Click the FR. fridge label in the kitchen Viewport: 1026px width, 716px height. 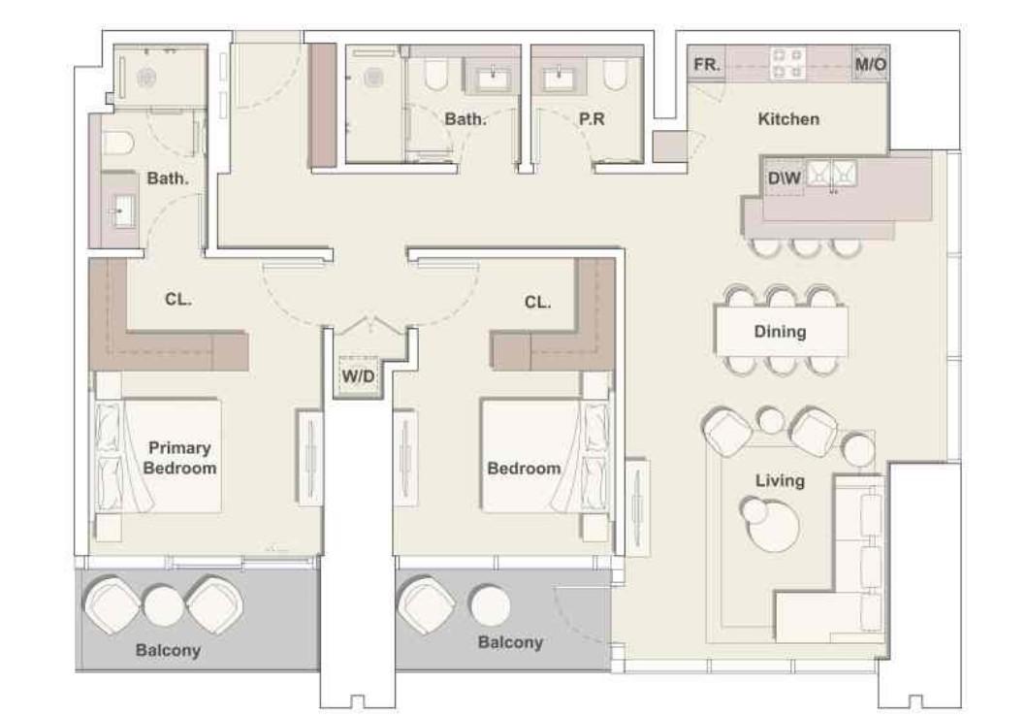coord(707,66)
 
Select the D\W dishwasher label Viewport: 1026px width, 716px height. coord(784,178)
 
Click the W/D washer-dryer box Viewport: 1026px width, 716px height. coord(357,375)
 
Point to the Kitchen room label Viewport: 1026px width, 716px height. coord(787,119)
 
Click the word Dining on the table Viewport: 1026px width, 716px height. coord(780,332)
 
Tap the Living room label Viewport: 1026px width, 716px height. coord(780,480)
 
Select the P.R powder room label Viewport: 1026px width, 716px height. coord(592,119)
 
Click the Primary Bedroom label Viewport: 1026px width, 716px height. coord(180,457)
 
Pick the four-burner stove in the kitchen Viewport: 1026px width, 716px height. coord(786,64)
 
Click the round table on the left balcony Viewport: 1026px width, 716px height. coord(163,605)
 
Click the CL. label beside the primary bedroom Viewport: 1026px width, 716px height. coord(177,300)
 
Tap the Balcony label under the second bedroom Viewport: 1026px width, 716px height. coord(510,642)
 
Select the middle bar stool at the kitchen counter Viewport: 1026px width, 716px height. coord(804,246)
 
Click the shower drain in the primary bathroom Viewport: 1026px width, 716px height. coord(150,78)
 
